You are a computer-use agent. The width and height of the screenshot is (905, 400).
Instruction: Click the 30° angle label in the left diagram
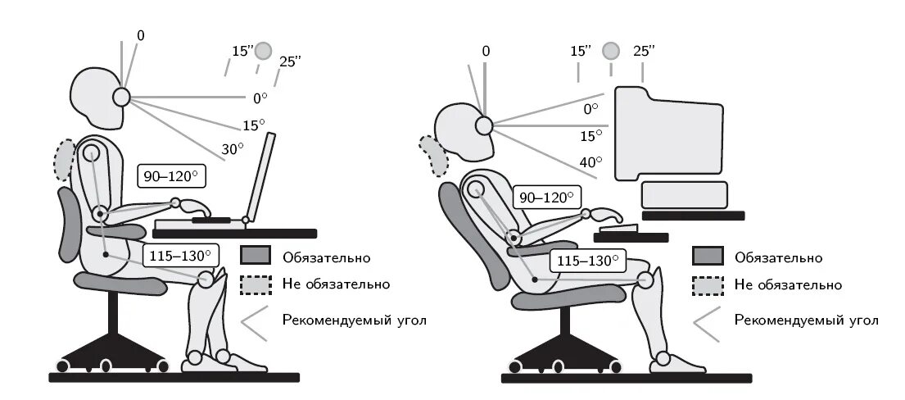[x=233, y=149]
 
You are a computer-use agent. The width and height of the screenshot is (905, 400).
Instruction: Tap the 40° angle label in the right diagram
[x=591, y=161]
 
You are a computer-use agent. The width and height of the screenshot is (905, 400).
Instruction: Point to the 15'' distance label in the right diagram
[x=581, y=51]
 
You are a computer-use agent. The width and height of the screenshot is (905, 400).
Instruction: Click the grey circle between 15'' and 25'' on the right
[x=611, y=51]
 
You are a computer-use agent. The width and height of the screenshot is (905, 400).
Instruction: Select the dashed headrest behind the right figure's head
[x=434, y=156]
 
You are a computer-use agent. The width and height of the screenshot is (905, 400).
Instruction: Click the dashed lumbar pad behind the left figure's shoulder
[x=64, y=159]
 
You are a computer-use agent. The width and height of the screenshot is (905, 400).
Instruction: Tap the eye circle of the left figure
[x=121, y=98]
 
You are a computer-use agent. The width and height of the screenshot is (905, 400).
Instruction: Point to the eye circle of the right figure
[x=484, y=125]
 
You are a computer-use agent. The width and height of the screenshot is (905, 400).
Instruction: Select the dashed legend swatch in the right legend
[x=708, y=285]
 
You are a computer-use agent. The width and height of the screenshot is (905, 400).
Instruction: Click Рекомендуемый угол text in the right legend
[x=806, y=320]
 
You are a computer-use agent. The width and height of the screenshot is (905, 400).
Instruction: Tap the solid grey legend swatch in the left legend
[x=256, y=256]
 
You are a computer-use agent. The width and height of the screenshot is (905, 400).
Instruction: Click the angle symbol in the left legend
[x=255, y=322]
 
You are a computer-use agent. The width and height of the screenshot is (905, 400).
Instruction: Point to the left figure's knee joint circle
[x=206, y=279]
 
